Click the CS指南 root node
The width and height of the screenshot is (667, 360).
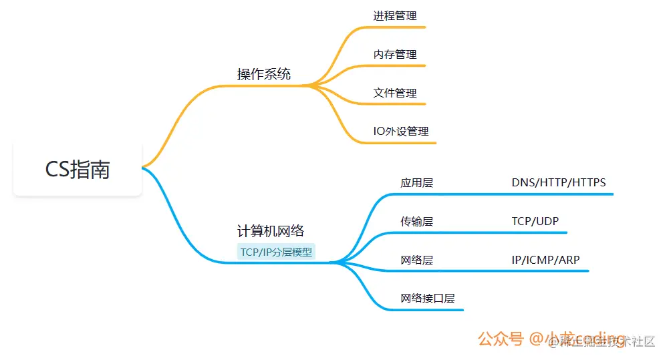coord(78,169)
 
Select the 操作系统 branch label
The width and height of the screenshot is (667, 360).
coord(264,74)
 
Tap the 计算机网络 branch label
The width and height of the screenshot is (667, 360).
coord(271,231)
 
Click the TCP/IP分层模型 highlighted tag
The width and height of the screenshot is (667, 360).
coord(276,252)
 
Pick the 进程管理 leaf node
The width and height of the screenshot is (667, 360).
coord(395,15)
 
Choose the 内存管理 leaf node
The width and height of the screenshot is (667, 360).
coord(395,54)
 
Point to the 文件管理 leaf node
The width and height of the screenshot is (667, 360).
coord(395,93)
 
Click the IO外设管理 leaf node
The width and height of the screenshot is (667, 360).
coord(401,131)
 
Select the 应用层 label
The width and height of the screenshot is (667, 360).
coord(417,182)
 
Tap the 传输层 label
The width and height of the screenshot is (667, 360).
coord(417,221)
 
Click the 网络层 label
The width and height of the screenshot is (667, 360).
coord(417,260)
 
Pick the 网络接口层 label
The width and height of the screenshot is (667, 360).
coord(428,299)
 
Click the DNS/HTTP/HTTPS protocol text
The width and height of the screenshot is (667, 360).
coord(559,182)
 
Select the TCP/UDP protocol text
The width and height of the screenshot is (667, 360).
coord(535,221)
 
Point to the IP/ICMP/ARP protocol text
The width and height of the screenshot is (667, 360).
coord(545,260)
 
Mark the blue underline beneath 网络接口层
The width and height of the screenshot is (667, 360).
coord(428,310)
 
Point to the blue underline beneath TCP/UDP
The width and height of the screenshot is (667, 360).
coord(535,232)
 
